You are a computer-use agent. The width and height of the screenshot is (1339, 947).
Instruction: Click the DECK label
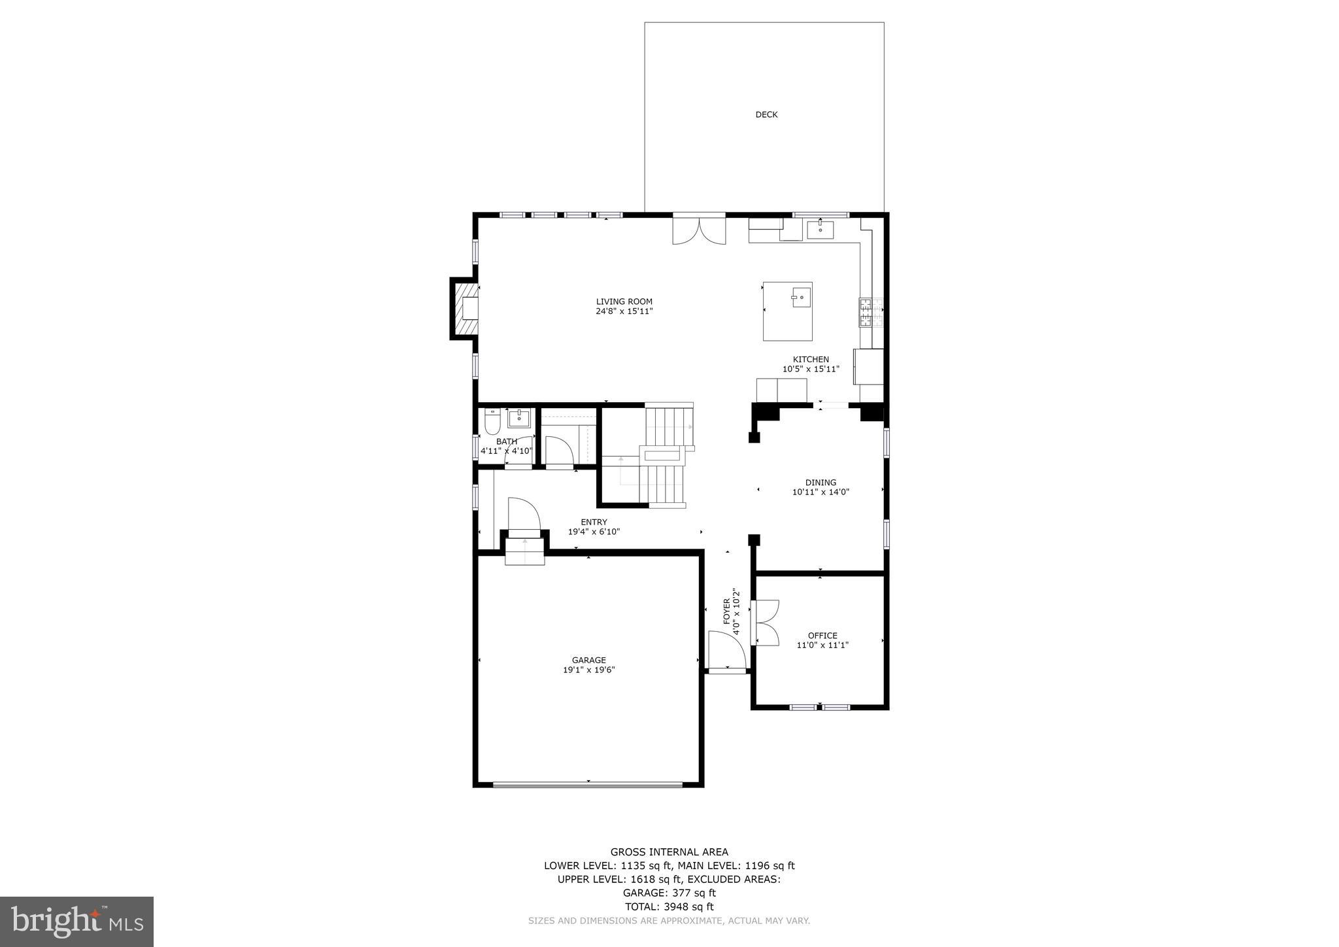click(766, 114)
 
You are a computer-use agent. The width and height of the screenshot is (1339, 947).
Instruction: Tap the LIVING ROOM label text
click(624, 301)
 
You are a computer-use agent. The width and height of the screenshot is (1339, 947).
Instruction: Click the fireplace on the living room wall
click(466, 308)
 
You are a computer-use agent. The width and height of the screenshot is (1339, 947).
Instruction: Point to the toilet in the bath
click(492, 422)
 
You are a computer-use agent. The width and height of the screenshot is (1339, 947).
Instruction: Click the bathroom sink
click(519, 417)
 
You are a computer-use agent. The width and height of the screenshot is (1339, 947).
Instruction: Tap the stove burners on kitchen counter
click(866, 313)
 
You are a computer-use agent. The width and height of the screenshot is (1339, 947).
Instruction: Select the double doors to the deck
click(699, 231)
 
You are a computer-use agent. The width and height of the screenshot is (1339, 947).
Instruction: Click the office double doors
click(766, 623)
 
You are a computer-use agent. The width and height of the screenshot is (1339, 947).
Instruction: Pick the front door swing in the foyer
click(726, 650)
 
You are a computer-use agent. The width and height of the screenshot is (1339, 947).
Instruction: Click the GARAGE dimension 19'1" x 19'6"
click(589, 670)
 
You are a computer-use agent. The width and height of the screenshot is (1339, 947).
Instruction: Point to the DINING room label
click(821, 483)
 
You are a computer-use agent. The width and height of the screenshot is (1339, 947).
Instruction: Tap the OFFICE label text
click(822, 635)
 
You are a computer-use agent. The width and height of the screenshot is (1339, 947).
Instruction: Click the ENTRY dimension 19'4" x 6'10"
click(594, 532)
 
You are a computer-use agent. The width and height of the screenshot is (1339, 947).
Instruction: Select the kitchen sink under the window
click(820, 230)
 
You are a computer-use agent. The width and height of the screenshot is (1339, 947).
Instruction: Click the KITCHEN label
click(811, 359)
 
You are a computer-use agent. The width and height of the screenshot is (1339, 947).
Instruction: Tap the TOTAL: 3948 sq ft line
click(669, 906)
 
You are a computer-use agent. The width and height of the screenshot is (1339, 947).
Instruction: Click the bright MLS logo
click(76, 921)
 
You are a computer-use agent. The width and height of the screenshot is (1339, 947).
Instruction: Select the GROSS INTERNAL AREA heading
click(669, 852)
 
